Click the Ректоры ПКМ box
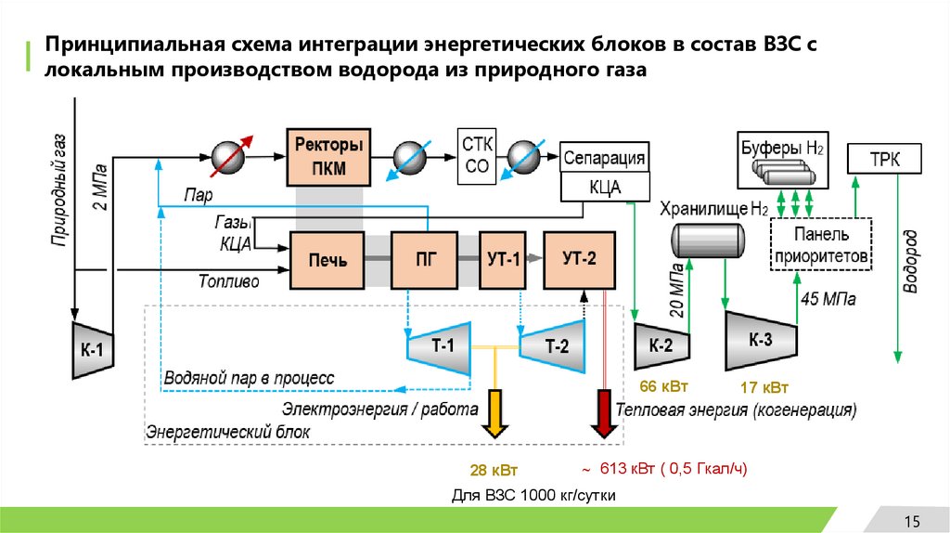(x=327, y=155)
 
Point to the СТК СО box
(x=477, y=155)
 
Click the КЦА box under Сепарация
(x=604, y=188)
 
